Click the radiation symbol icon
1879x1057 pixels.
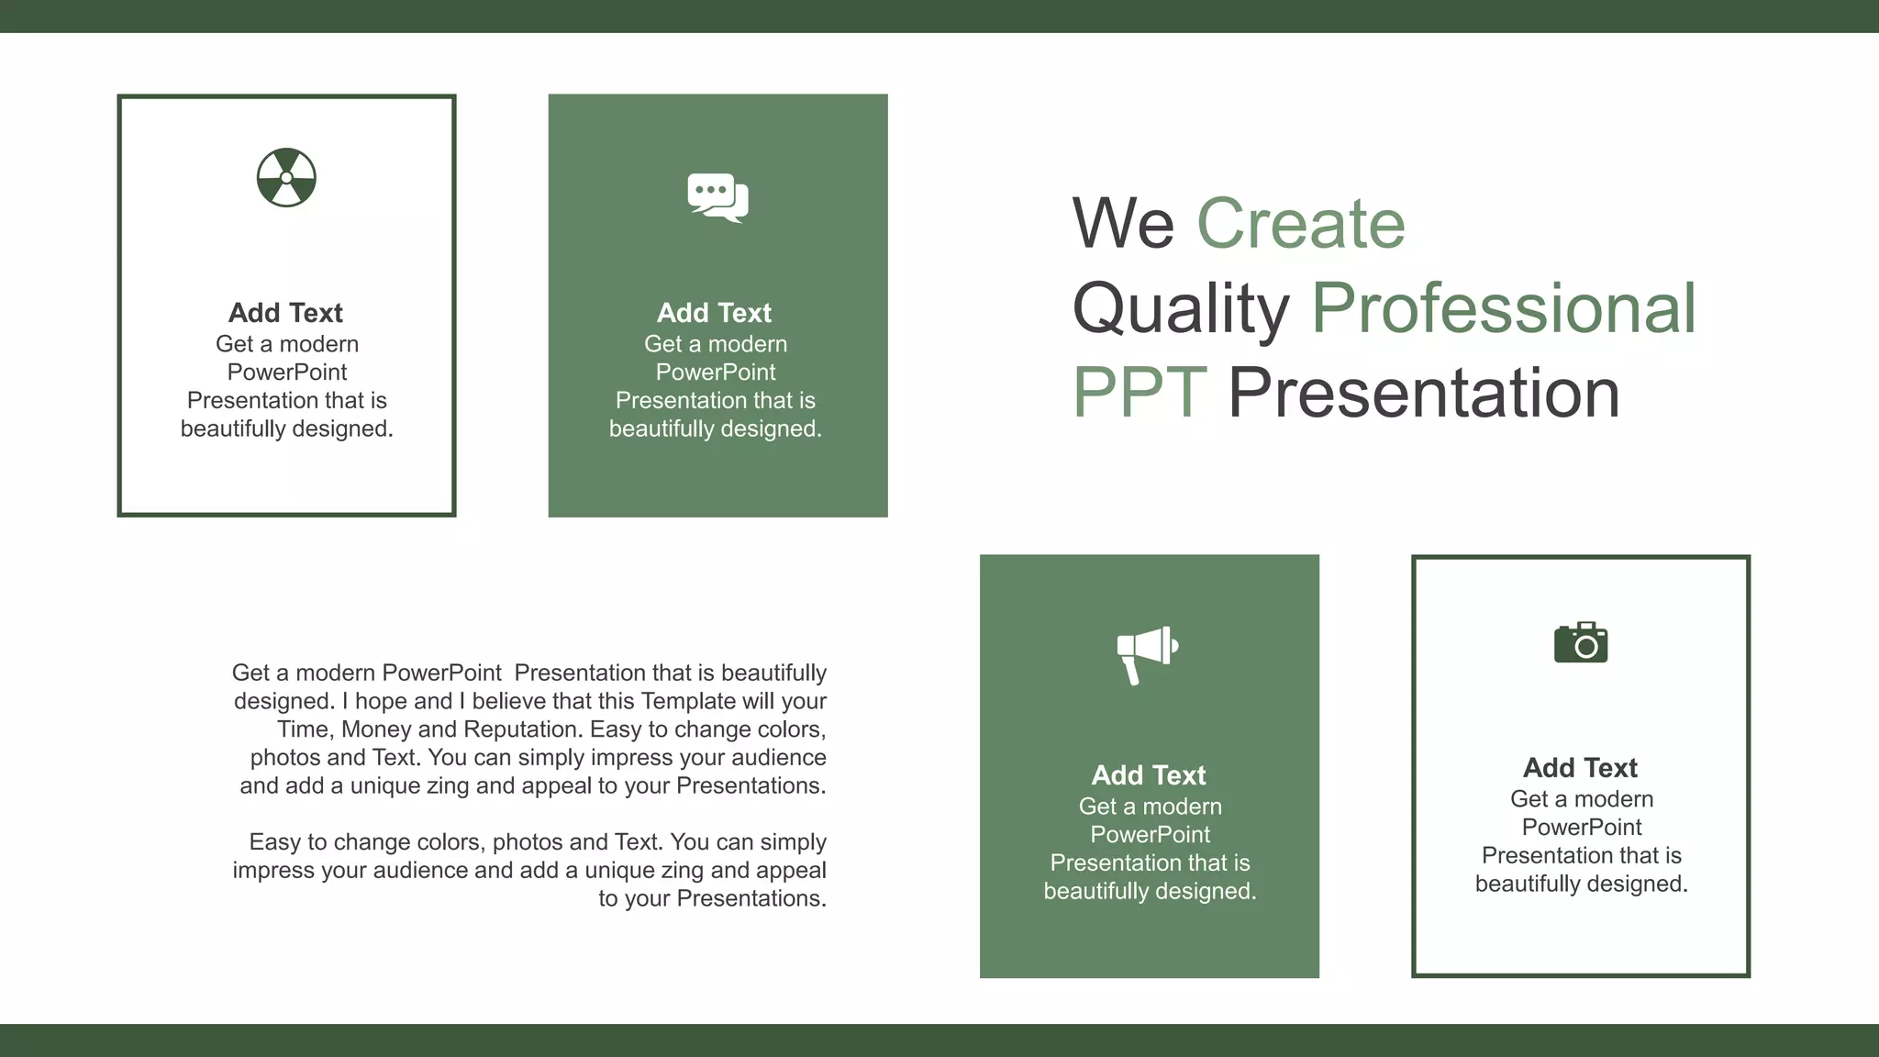point(286,178)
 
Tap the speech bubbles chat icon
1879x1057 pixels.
point(717,197)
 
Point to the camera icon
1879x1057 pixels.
point(1581,643)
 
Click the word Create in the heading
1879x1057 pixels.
point(1300,224)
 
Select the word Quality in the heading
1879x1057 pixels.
point(1181,308)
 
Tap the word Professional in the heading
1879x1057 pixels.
point(1504,308)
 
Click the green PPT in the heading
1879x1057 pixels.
point(1139,393)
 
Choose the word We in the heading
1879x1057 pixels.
point(1123,224)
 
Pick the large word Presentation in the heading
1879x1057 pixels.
point(1424,393)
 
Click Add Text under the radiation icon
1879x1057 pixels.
point(285,313)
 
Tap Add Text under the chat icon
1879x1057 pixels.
point(714,313)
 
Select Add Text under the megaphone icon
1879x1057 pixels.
point(1149,775)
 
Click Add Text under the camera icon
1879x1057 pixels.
point(1580,768)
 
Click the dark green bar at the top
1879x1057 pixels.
point(939,16)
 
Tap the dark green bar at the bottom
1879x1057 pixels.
point(939,1040)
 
